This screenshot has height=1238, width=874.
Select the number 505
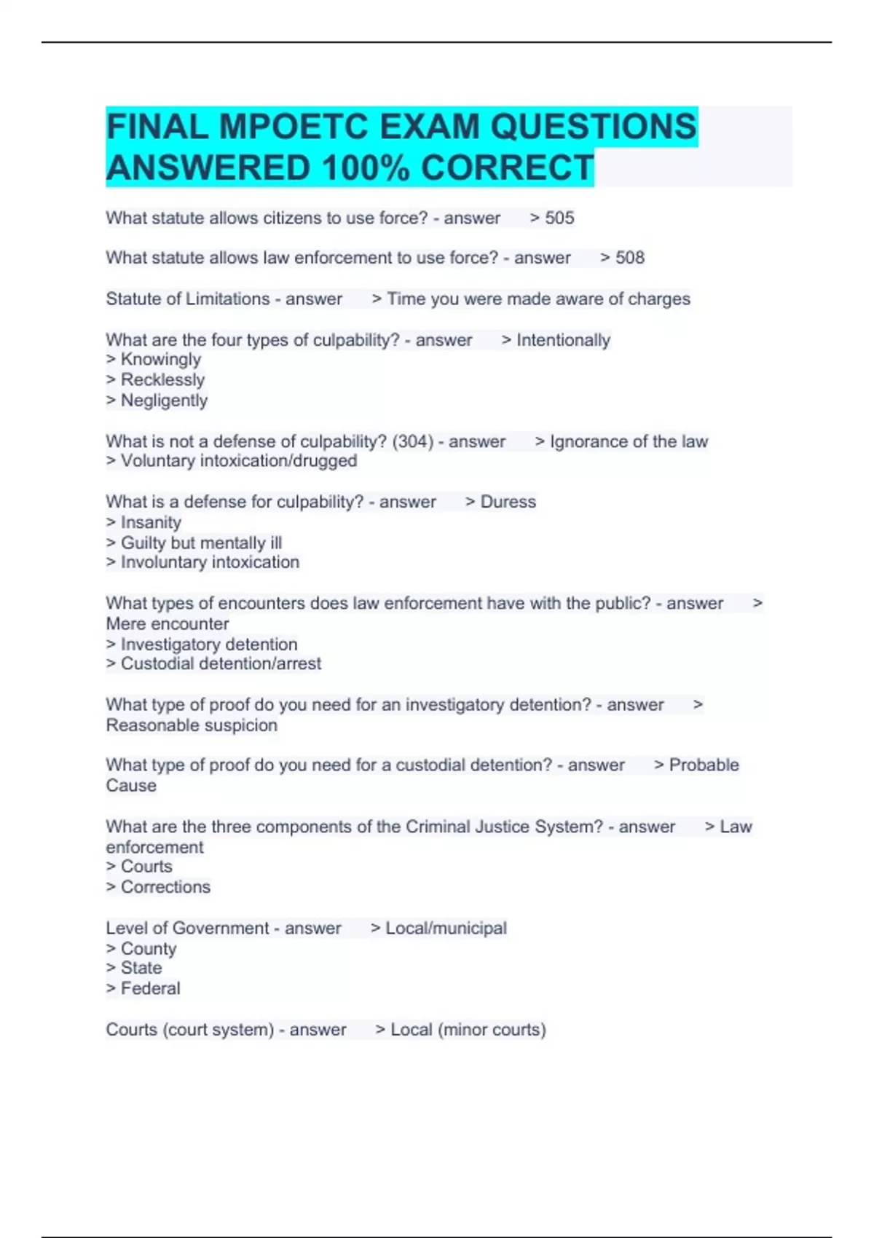[x=559, y=218]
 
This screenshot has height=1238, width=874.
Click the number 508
[x=630, y=258]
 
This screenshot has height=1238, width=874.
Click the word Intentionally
[x=563, y=340]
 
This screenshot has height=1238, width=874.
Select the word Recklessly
[x=162, y=380]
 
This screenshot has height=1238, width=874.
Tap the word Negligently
[x=164, y=401]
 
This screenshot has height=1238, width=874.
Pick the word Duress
[x=508, y=502]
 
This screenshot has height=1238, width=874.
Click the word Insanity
[x=151, y=522]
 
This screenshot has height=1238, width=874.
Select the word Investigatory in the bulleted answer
[x=167, y=644]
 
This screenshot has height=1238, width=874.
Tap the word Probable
[x=704, y=765]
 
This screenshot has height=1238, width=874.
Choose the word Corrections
[x=165, y=887]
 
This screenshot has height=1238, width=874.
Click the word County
[x=149, y=949]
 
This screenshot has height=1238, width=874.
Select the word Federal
[x=150, y=988]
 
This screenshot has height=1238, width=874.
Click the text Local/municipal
[x=446, y=928]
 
